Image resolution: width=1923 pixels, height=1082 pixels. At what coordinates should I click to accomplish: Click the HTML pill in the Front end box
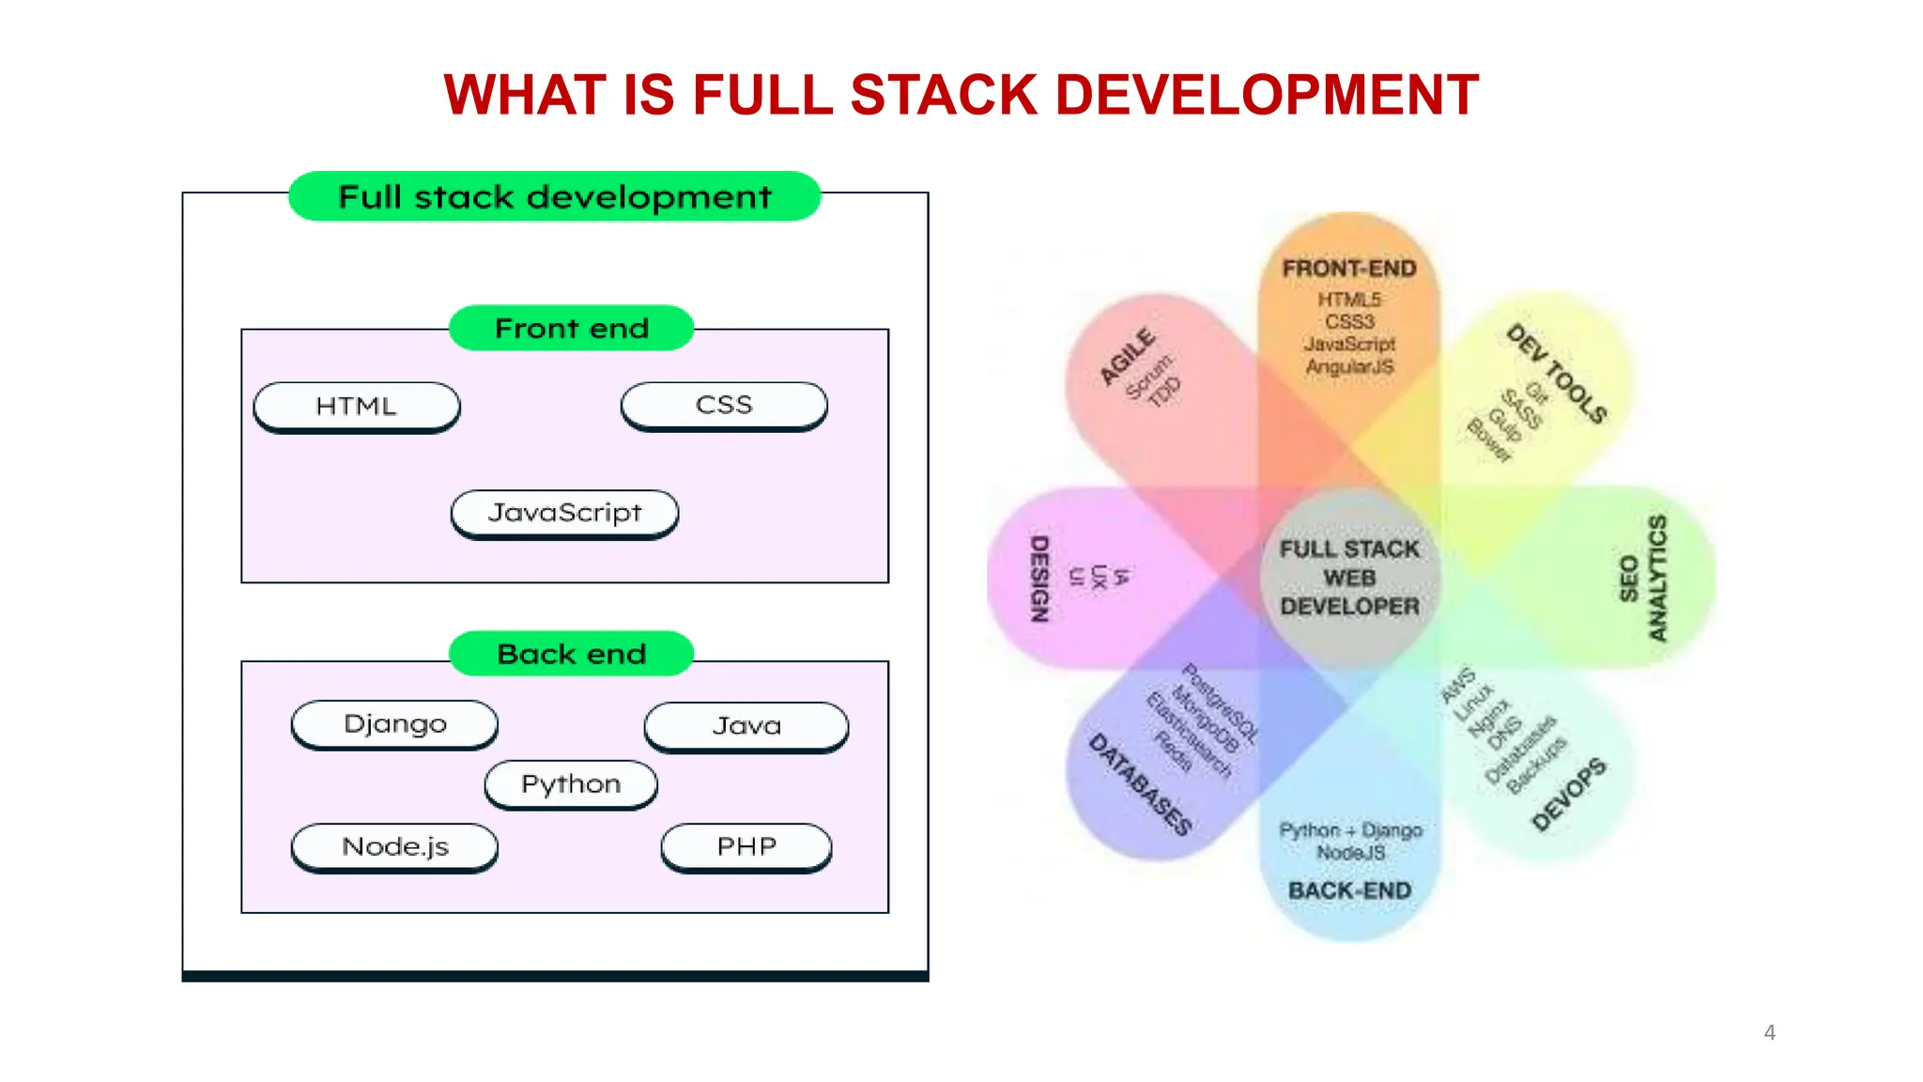tap(357, 407)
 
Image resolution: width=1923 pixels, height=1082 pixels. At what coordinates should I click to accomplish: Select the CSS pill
tap(724, 406)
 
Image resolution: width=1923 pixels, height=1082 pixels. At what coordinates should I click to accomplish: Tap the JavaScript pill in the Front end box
tap(564, 513)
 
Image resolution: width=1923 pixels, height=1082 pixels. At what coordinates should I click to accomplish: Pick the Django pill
tap(394, 724)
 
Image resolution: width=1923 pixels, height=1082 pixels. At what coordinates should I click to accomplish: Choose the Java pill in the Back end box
tap(746, 726)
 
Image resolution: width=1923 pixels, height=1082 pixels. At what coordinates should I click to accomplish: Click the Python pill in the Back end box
tap(571, 784)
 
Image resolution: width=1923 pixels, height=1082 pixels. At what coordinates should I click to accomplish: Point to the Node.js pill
tap(394, 847)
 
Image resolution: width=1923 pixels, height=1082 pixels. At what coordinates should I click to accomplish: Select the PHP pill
tap(746, 847)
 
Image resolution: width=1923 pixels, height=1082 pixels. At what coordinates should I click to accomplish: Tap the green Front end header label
tap(571, 328)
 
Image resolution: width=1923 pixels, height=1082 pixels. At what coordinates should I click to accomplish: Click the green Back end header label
tap(571, 654)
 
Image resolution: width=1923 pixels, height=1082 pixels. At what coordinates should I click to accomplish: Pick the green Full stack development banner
tap(554, 196)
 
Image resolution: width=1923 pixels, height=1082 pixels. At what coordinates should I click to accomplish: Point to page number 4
tap(1769, 1032)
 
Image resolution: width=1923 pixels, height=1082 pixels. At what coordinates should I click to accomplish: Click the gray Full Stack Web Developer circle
tap(1349, 578)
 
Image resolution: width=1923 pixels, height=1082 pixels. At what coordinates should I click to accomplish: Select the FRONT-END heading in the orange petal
tap(1349, 269)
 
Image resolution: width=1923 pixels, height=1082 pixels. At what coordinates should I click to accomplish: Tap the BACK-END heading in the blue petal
tap(1349, 890)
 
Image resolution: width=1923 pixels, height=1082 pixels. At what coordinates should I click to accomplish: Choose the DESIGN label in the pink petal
tap(1039, 579)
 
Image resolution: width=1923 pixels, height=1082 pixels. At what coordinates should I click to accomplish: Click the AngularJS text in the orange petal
tap(1349, 367)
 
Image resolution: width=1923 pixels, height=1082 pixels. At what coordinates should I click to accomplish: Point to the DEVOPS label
tap(1568, 796)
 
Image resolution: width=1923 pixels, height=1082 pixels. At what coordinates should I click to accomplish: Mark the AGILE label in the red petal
tap(1128, 357)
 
